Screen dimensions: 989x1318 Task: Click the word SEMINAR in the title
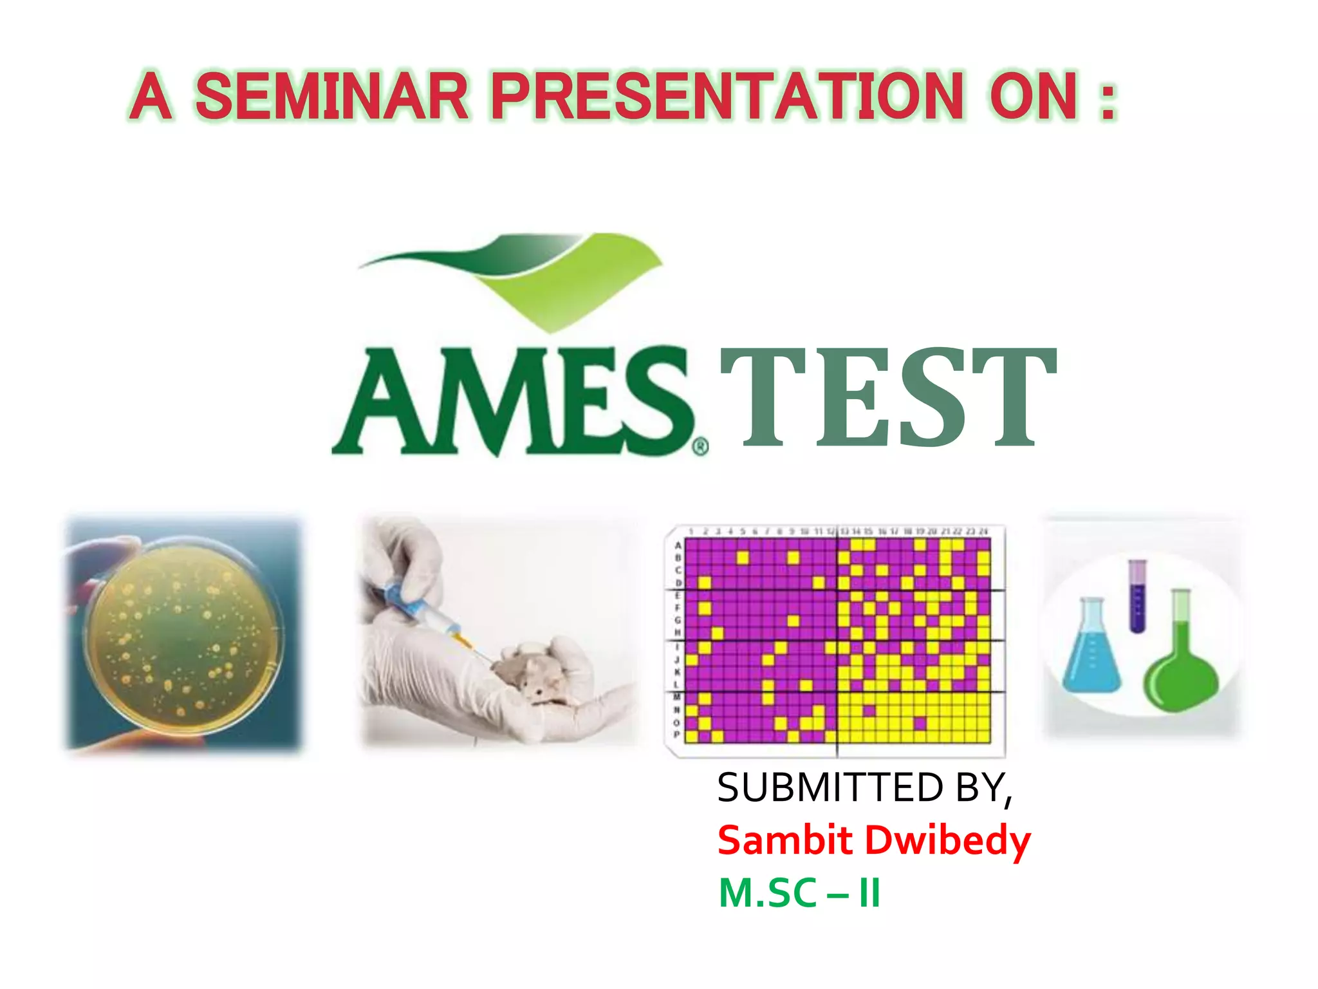click(331, 97)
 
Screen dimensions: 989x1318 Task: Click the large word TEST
click(888, 398)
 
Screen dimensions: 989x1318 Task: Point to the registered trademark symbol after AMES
click(700, 446)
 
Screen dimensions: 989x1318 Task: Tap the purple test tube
click(1138, 596)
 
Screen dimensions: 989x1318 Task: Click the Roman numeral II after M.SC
click(869, 893)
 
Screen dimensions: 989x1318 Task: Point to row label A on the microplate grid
click(678, 545)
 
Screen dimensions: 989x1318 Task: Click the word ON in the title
click(1033, 97)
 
